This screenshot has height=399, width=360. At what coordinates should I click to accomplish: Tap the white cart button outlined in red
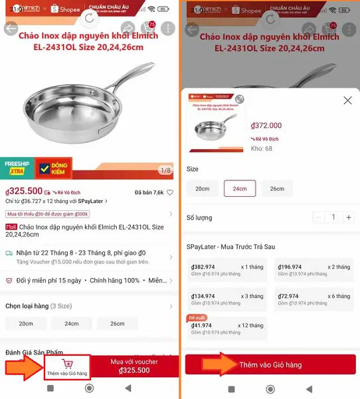(67, 367)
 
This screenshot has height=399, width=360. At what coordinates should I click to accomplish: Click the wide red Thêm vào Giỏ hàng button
(270, 365)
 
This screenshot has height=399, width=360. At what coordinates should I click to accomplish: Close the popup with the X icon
(347, 100)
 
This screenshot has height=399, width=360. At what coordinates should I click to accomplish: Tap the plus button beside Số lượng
(349, 217)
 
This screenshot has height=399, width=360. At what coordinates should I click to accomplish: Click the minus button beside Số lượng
(319, 217)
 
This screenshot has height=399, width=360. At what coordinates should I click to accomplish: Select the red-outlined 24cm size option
(240, 188)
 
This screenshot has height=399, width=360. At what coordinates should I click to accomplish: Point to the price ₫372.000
(266, 126)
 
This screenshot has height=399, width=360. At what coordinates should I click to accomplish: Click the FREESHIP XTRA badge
(17, 167)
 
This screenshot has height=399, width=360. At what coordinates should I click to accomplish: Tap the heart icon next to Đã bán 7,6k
(170, 193)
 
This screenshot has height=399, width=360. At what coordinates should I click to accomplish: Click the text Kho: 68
(261, 148)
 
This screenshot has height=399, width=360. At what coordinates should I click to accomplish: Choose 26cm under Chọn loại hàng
(117, 324)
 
